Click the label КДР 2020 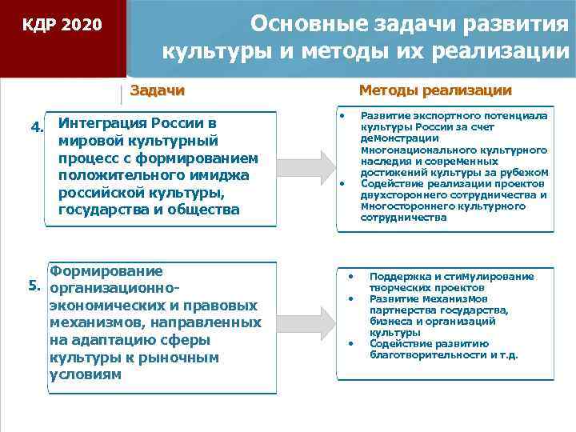(62, 25)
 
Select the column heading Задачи (157, 90)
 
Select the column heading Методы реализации (434, 90)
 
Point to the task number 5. (34, 285)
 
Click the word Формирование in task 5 (106, 271)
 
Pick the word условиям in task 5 (86, 374)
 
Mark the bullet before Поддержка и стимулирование (350, 276)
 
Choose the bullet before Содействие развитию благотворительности (350, 343)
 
